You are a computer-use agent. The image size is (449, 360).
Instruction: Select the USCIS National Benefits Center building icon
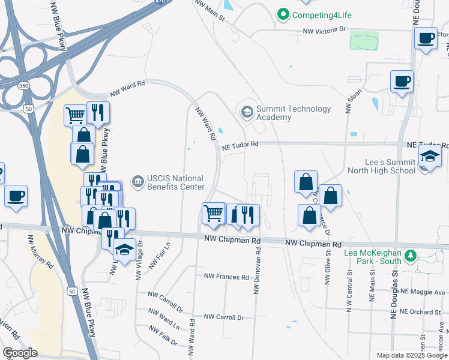pos(137,181)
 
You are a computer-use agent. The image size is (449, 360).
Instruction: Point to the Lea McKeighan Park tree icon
pos(411,257)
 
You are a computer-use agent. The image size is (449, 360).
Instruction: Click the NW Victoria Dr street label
pos(325,29)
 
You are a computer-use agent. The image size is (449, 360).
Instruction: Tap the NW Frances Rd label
pos(226,277)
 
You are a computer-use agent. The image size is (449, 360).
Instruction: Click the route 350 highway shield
pos(23,86)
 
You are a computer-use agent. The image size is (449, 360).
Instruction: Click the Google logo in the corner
pos(20,353)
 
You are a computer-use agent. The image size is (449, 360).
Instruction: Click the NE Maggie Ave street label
pos(424,292)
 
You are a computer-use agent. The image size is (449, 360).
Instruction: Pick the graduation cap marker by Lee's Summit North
pos(430,156)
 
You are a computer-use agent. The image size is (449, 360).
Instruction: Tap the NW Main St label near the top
pos(209,10)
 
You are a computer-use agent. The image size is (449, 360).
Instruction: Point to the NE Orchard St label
pos(420,311)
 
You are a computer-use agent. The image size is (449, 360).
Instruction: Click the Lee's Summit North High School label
pos(381,166)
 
